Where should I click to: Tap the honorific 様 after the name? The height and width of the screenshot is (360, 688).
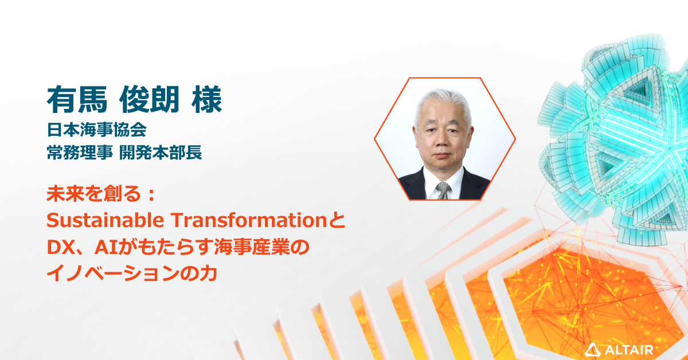(x=204, y=100)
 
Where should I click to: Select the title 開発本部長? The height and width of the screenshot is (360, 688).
(x=161, y=153)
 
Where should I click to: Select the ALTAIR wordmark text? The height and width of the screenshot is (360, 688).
(x=628, y=348)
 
